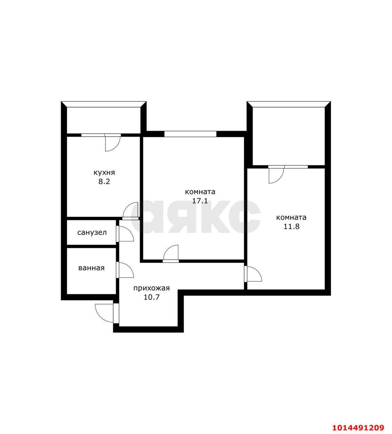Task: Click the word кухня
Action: click(104, 173)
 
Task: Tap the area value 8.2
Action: click(104, 181)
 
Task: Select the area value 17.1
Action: click(200, 201)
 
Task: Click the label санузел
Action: click(92, 233)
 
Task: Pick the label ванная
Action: click(91, 268)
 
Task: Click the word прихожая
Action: click(151, 289)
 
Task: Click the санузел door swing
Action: click(125, 234)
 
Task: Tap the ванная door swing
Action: click(125, 270)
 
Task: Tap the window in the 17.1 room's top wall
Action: click(190, 134)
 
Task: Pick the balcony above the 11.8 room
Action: click(288, 136)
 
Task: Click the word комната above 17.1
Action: click(200, 192)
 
